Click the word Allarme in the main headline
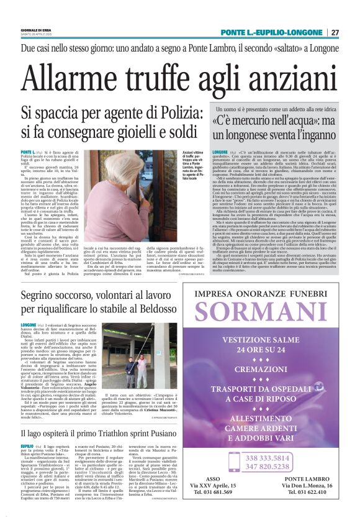[x=73, y=77]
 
